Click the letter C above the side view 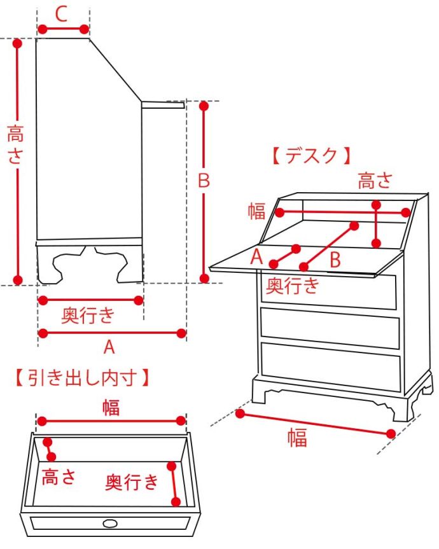coord(62,14)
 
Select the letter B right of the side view coord(203,181)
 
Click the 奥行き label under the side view coord(89,314)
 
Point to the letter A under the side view coord(109,347)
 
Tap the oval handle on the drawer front coord(109,523)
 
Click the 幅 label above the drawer coord(111,407)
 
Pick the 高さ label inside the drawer coord(59,478)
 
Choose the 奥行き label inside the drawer coord(132,482)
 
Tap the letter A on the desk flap coord(256,256)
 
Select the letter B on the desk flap coord(335,260)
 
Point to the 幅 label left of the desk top coord(256,211)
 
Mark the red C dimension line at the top coord(63,29)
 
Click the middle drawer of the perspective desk coord(330,328)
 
